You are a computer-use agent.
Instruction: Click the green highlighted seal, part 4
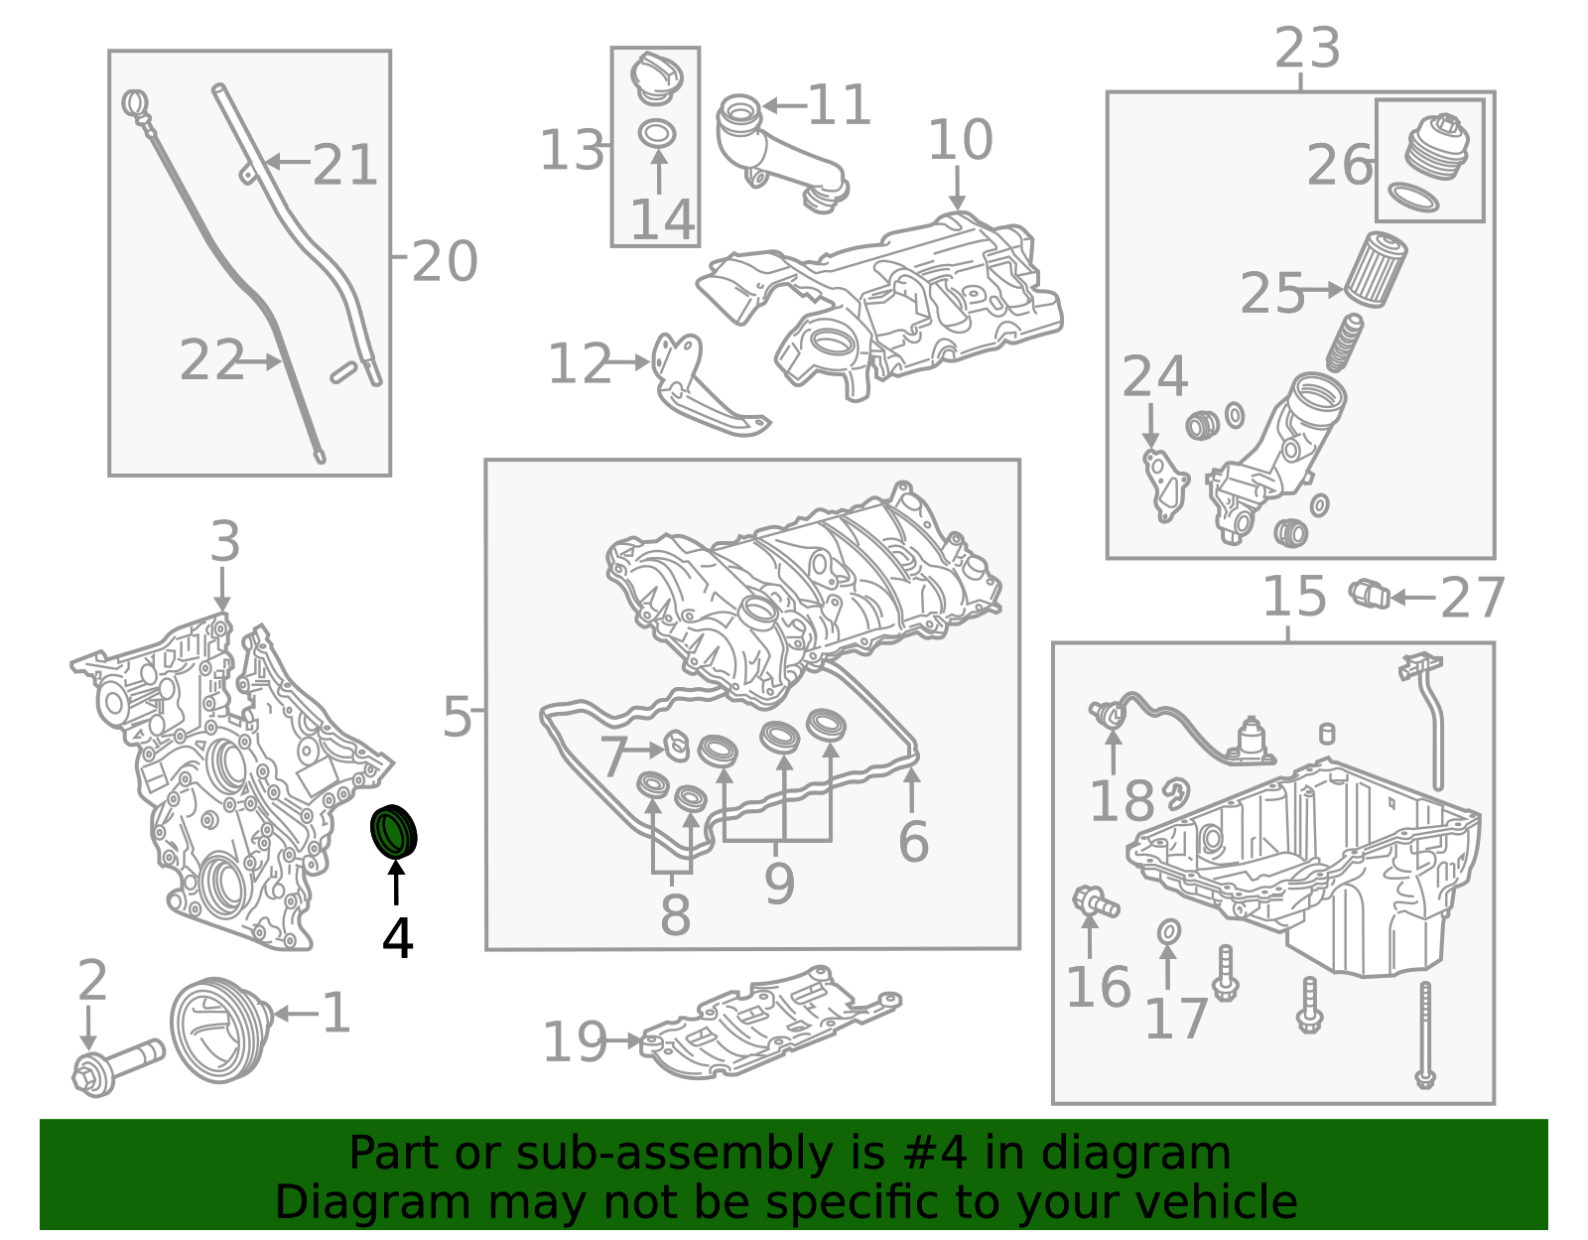[x=394, y=829]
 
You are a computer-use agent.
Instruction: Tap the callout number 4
[x=397, y=938]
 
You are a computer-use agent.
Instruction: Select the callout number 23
[x=1307, y=49]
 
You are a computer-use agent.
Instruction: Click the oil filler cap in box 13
[x=656, y=78]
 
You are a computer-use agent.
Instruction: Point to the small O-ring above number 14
[x=656, y=134]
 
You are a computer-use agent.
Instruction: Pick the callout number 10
[x=960, y=139]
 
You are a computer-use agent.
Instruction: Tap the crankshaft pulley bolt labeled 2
[x=117, y=1068]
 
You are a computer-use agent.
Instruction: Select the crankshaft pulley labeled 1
[x=221, y=1030]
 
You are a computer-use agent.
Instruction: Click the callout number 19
[x=575, y=1042]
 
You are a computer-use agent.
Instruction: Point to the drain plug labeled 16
[x=1095, y=902]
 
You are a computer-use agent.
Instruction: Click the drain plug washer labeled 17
[x=1168, y=932]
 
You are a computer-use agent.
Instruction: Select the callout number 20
[x=445, y=261]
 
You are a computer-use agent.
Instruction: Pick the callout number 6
[x=913, y=841]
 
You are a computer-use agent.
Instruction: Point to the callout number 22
[x=211, y=359]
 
